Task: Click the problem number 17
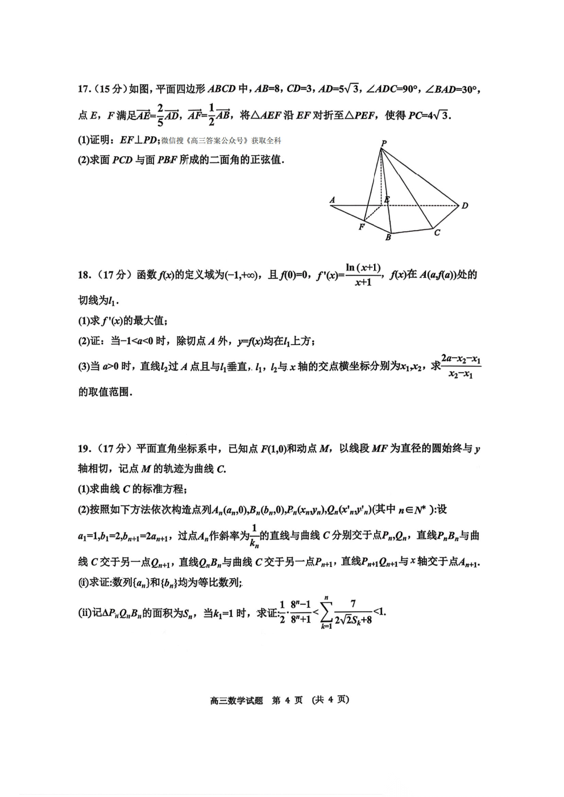coord(84,89)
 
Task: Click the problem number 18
coord(84,276)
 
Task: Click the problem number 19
coord(84,449)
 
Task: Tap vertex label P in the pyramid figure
coord(384,143)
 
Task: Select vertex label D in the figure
coord(465,206)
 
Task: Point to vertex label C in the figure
coord(437,233)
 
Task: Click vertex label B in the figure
coord(388,237)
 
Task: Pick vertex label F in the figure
coord(361,227)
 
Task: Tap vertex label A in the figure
coord(333,200)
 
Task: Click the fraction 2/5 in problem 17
coord(160,115)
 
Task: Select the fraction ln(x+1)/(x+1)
coord(363,274)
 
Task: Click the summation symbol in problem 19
coord(326,612)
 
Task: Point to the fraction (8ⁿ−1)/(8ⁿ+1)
coord(300,612)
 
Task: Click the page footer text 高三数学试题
coord(237,700)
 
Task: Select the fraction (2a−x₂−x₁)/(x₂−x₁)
coord(461,366)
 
